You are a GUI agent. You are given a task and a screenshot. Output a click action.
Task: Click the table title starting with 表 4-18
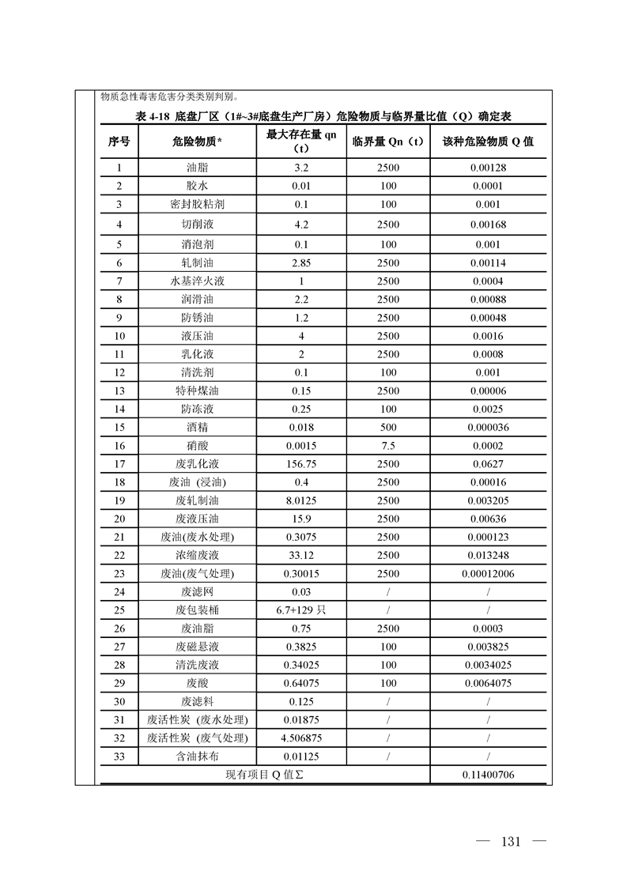click(x=324, y=116)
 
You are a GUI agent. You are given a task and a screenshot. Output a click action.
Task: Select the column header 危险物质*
click(x=197, y=142)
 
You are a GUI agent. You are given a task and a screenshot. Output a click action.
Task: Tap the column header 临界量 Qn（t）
click(x=387, y=142)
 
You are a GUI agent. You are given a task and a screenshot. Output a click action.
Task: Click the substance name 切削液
click(x=197, y=225)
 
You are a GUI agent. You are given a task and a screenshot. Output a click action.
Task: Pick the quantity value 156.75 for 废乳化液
click(x=300, y=464)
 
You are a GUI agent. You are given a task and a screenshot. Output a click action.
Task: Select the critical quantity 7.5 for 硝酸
click(x=387, y=446)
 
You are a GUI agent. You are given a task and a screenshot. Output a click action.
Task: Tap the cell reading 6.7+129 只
click(x=300, y=610)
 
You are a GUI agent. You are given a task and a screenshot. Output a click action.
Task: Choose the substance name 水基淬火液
click(x=197, y=281)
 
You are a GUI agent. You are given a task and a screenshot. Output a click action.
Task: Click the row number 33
click(x=119, y=757)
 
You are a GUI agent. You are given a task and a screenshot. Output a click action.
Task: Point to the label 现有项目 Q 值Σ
click(x=264, y=776)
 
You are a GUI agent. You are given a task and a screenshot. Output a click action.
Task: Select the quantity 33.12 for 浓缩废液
click(x=300, y=555)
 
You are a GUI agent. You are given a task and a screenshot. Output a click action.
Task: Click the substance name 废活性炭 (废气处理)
click(x=197, y=738)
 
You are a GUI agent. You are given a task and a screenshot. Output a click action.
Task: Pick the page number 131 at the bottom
click(x=511, y=840)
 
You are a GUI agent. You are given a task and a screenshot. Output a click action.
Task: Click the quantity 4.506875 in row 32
click(x=300, y=738)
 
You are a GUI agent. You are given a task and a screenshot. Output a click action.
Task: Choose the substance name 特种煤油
click(x=197, y=391)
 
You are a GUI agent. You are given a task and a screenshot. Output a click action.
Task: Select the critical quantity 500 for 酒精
click(x=387, y=428)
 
